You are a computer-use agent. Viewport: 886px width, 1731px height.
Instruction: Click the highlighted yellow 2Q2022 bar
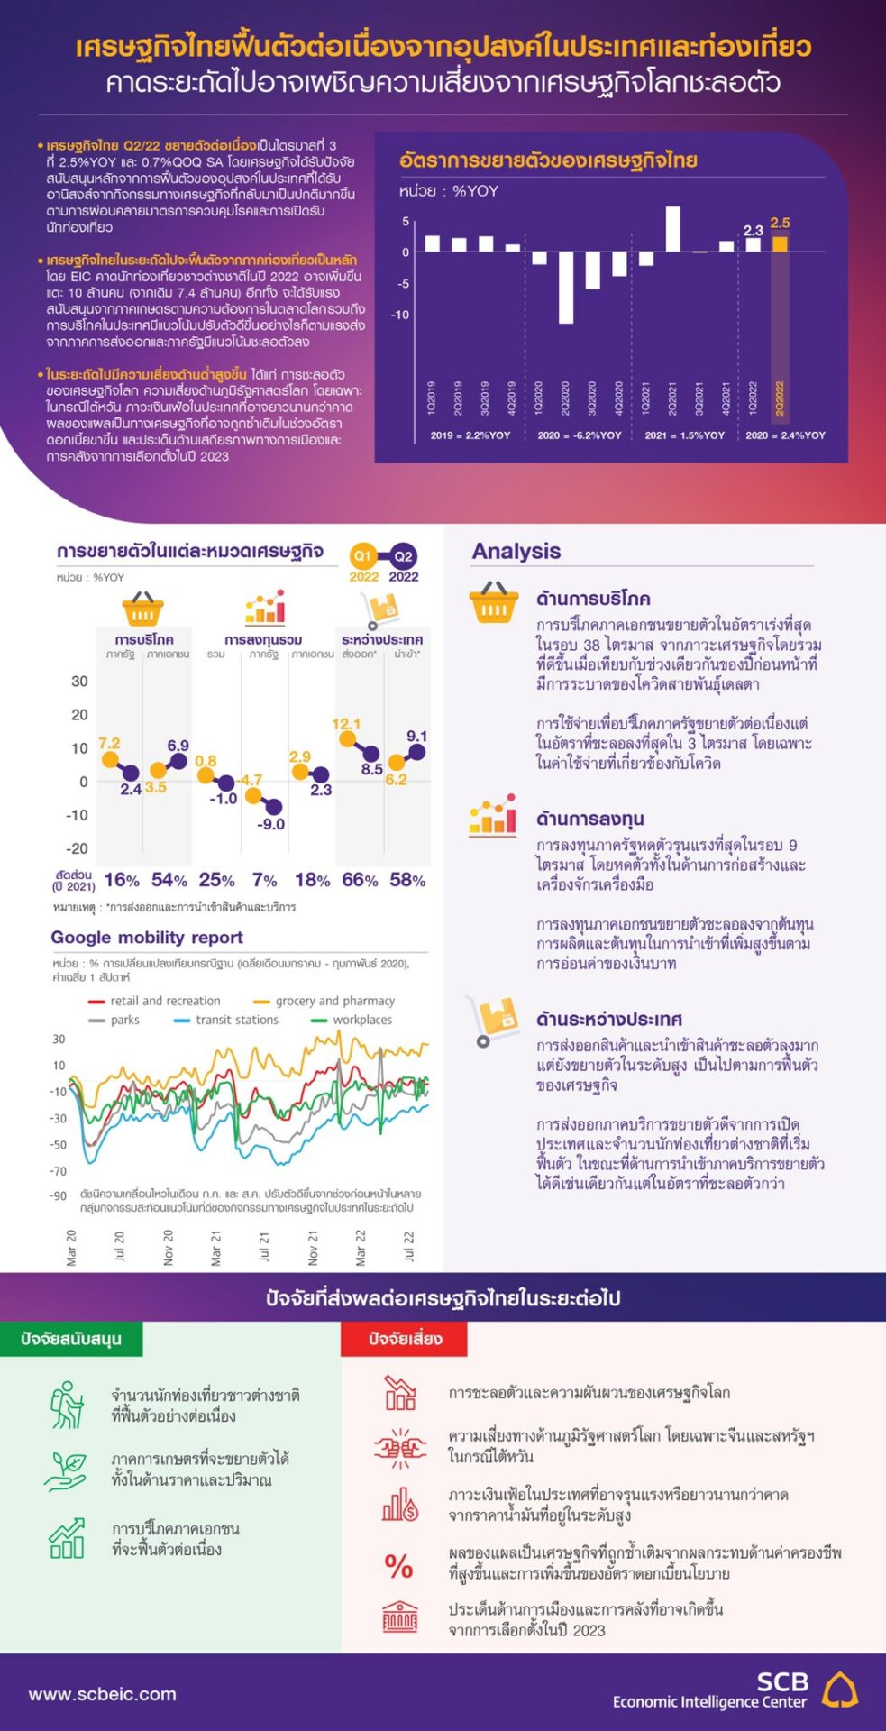coord(780,243)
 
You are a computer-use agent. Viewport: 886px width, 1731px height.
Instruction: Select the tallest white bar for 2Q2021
coord(673,229)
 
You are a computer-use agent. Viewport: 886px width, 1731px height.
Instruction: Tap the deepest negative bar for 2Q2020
coord(566,287)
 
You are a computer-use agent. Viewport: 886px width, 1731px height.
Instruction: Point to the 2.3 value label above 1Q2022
coord(754,231)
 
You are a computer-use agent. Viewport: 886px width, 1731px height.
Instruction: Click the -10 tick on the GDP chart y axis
coord(400,315)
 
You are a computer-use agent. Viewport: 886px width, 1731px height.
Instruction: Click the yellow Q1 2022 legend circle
coord(363,556)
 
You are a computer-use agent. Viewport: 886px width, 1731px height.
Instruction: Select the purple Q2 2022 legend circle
coord(403,556)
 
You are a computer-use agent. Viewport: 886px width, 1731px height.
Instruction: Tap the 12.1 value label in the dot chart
coord(346,724)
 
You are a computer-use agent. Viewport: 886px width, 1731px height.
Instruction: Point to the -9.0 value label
coord(271,824)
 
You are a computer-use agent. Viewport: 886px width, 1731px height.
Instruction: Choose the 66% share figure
coord(360,880)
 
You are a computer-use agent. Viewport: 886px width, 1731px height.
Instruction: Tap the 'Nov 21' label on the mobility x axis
coord(313,1248)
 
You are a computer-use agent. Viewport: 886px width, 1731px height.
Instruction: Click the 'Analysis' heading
coord(516,552)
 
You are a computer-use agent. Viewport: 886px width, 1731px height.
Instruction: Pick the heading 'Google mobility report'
coord(147,938)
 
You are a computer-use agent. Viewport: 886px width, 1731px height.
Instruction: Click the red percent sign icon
coord(398,1565)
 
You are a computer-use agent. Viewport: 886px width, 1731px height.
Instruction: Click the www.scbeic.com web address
coord(103,1694)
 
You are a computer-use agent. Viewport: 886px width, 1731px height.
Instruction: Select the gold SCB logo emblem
coord(840,1690)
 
